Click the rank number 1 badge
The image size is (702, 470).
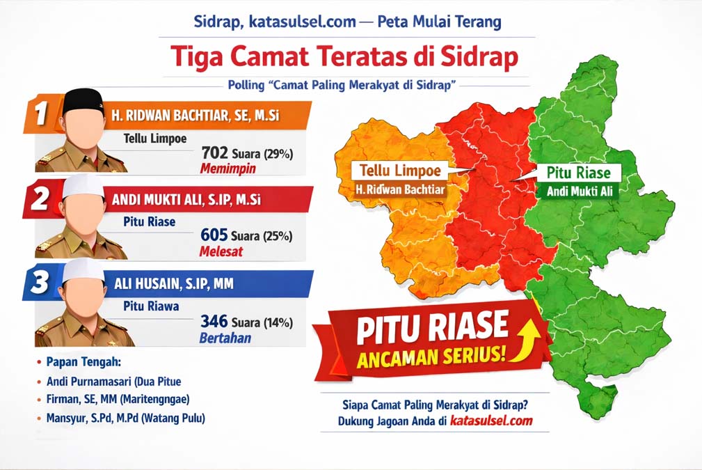pyautogui.click(x=41, y=113)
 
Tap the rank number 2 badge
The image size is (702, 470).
pyautogui.click(x=40, y=198)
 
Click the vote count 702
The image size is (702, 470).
pyautogui.click(x=214, y=152)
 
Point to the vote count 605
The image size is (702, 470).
pyautogui.click(x=214, y=235)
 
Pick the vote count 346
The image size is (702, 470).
pyautogui.click(x=214, y=321)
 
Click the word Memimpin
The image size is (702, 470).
pyautogui.click(x=228, y=169)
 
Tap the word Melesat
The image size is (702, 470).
pyautogui.click(x=221, y=251)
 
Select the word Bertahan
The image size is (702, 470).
pyautogui.click(x=225, y=338)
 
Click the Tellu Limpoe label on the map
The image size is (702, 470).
pyautogui.click(x=400, y=171)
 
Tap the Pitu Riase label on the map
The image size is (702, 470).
pyautogui.click(x=578, y=173)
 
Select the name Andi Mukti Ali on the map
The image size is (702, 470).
pyautogui.click(x=580, y=191)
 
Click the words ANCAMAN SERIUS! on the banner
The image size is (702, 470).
pyautogui.click(x=431, y=357)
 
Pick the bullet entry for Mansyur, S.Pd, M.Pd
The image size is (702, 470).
pyautogui.click(x=125, y=418)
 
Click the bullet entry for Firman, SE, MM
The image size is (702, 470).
pyautogui.click(x=118, y=399)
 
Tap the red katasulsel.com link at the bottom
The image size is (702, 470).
pyautogui.click(x=491, y=421)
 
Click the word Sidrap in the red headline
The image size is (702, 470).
pyautogui.click(x=479, y=57)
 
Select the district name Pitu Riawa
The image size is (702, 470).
pyautogui.click(x=152, y=306)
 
